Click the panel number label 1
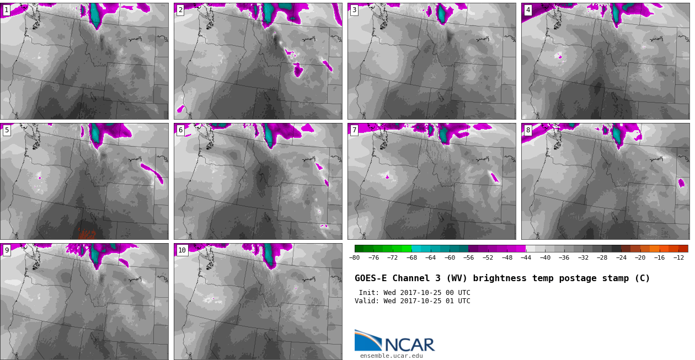coord(6,10)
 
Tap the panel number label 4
coord(528,10)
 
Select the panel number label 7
coord(354,130)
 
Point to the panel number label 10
coord(182,250)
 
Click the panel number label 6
coord(180,130)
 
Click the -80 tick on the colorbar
coord(355,257)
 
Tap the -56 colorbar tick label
coord(469,257)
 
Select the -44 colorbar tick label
coord(526,257)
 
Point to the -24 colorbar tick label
coord(621,257)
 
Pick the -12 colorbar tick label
coord(678,257)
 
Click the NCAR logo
coord(395,341)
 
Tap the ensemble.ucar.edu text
coord(392,356)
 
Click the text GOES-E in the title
coord(371,278)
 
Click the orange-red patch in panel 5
coord(87,234)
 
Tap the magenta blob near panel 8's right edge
coord(681,182)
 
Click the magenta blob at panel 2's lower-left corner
coord(180,109)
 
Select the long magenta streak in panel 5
coord(152,174)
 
